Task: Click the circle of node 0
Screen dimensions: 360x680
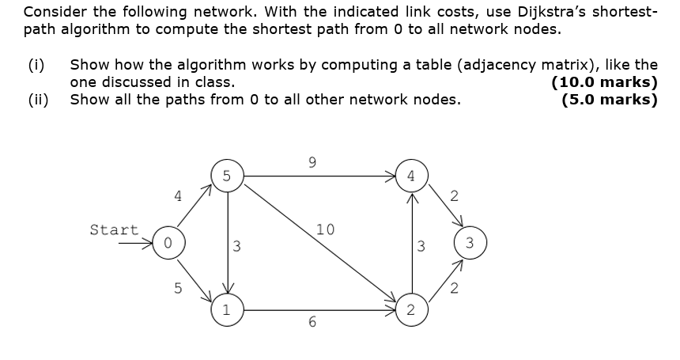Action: [168, 243]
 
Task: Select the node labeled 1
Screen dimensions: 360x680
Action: [227, 310]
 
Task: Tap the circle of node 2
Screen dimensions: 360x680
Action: [410, 310]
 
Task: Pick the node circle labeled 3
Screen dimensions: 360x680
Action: [470, 243]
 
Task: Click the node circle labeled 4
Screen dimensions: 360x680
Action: [410, 176]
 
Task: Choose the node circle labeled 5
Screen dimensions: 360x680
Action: [227, 176]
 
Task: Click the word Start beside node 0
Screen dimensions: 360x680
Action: [114, 229]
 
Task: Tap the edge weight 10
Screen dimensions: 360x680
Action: [325, 229]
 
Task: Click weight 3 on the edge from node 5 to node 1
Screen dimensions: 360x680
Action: [237, 246]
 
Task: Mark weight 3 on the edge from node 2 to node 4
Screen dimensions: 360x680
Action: [421, 246]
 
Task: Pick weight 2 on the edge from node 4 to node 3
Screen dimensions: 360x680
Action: [453, 195]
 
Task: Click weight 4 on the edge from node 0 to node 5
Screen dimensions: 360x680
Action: [178, 195]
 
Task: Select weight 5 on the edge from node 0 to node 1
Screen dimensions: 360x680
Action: [178, 288]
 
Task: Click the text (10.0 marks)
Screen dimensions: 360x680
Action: [604, 82]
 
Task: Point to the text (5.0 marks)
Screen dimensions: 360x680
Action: [609, 100]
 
